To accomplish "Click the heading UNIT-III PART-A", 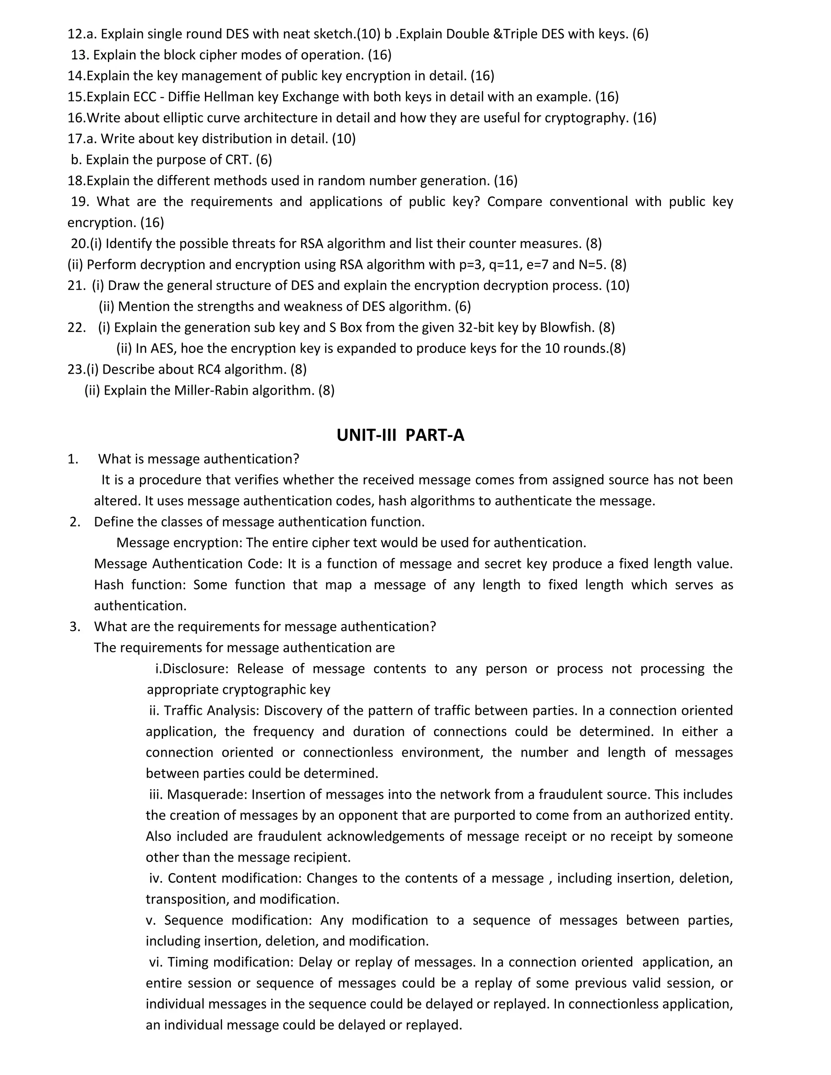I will tap(400, 435).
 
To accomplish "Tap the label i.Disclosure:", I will tap(192, 669).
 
